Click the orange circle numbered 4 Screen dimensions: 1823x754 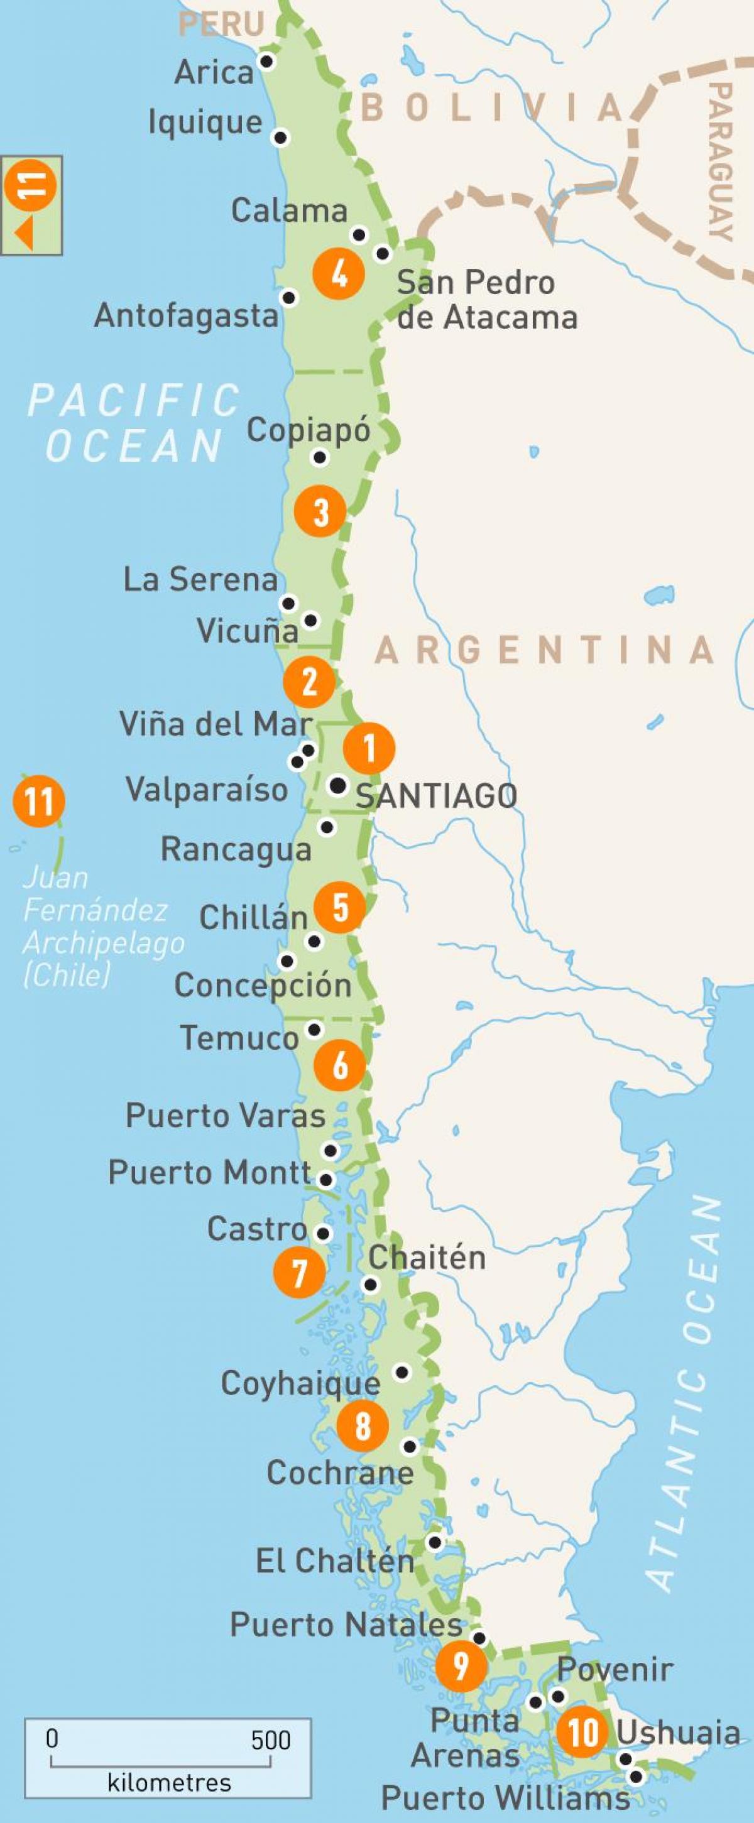[x=339, y=273]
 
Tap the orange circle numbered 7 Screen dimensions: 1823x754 [x=300, y=1271]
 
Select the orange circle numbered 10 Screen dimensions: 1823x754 [x=582, y=1732]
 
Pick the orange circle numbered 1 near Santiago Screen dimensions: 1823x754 [x=369, y=748]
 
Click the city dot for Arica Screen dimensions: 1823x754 [x=267, y=62]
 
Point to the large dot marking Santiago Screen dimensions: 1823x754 [x=339, y=785]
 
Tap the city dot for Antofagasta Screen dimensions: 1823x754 [x=289, y=297]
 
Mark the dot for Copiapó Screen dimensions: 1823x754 [x=320, y=458]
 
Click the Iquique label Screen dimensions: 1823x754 [x=205, y=122]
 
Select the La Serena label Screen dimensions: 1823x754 [x=200, y=579]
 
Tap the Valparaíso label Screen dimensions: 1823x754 [x=207, y=789]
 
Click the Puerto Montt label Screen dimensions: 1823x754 [x=210, y=1173]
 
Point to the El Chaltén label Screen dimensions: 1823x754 [x=334, y=1560]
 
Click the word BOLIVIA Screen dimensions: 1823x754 [x=492, y=107]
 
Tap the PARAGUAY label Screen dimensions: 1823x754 [x=721, y=161]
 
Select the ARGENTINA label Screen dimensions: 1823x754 [x=544, y=650]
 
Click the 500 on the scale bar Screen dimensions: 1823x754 [x=270, y=1739]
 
